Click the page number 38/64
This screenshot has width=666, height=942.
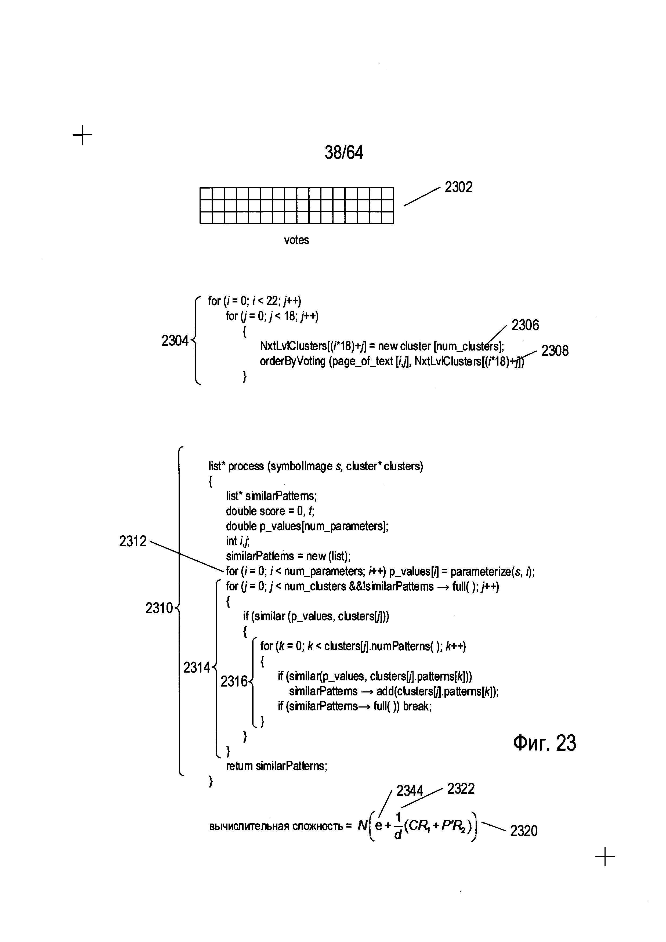[x=344, y=153]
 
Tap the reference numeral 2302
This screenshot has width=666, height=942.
[x=458, y=187]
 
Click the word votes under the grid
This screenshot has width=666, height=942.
[x=296, y=240]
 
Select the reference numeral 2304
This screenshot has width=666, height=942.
[x=175, y=341]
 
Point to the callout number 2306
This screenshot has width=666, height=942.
[x=525, y=325]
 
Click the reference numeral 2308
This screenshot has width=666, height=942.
[x=555, y=351]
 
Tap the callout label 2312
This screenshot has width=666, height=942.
[x=132, y=541]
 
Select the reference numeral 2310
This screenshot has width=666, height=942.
[x=159, y=608]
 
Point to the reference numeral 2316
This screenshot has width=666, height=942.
[x=234, y=681]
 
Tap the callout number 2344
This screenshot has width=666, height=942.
[x=409, y=791]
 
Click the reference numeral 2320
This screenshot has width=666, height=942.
[x=524, y=831]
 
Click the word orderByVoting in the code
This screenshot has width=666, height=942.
[x=292, y=362]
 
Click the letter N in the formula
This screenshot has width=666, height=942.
[x=363, y=825]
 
